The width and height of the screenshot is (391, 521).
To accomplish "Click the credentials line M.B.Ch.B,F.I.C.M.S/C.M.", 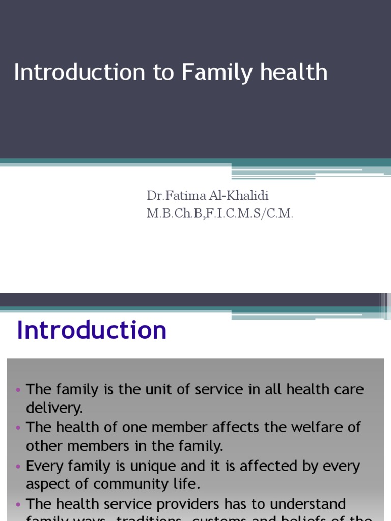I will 220,214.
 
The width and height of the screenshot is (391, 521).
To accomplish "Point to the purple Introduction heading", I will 92,330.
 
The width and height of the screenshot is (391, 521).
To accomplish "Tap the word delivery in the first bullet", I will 54,408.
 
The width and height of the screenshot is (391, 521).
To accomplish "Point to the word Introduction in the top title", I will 79,73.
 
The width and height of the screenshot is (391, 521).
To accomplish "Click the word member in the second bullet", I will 176,427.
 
